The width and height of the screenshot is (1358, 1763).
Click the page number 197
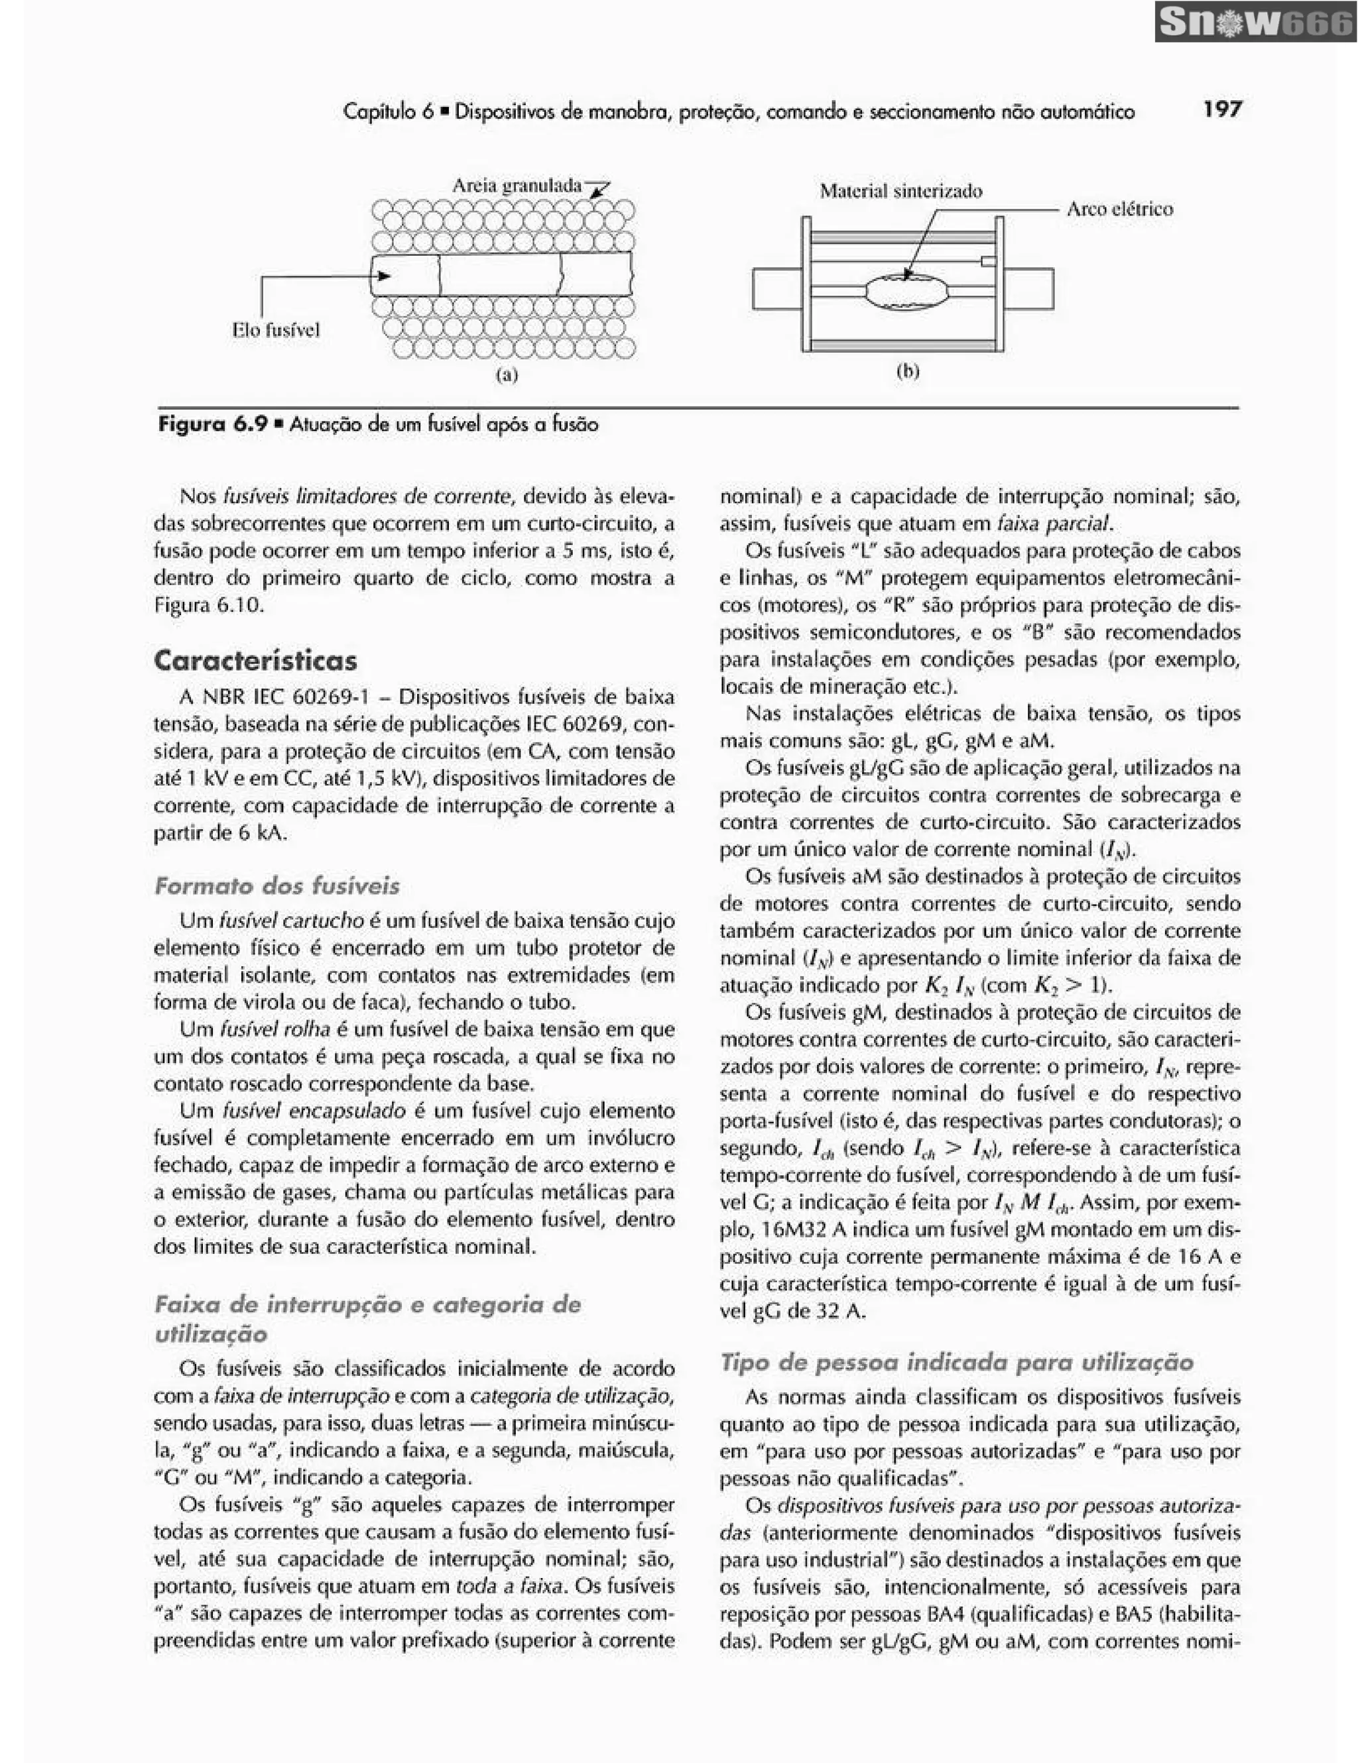click(x=1221, y=109)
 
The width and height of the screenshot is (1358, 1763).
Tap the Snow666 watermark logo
click(x=1255, y=22)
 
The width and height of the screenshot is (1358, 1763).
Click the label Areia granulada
click(x=517, y=186)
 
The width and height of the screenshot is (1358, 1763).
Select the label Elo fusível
click(x=276, y=330)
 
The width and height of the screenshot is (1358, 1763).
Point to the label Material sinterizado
click(x=901, y=192)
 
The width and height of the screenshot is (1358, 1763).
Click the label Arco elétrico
click(x=1120, y=209)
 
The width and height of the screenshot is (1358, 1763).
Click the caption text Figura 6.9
click(x=212, y=425)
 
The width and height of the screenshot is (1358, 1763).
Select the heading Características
click(x=255, y=660)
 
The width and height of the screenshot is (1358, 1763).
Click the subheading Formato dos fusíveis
click(x=277, y=885)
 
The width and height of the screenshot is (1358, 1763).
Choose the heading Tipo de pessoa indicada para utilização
click(x=956, y=1363)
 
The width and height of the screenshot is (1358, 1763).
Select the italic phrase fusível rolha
click(x=275, y=1029)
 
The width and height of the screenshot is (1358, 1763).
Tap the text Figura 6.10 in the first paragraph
click(x=208, y=604)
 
